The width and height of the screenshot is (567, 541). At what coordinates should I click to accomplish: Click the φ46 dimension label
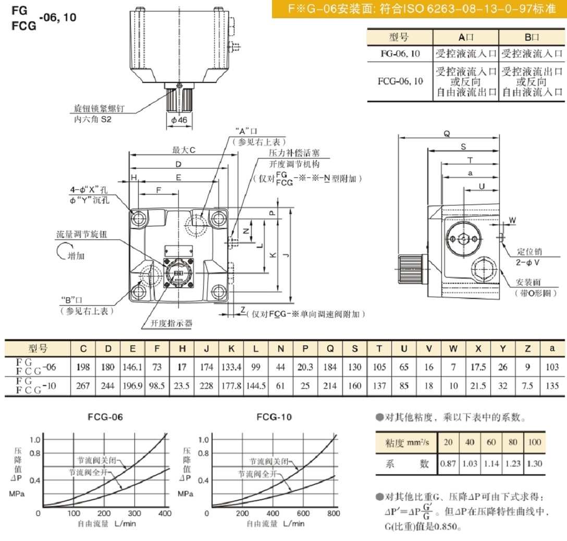point(179,120)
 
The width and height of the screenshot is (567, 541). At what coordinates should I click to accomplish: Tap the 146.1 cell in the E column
point(132,367)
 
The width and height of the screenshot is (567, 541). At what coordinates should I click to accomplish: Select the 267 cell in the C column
point(83,386)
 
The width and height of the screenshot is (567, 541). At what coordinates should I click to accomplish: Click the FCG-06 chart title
point(105,417)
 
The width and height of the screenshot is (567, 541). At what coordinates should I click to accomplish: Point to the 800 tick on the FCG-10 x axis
point(333,513)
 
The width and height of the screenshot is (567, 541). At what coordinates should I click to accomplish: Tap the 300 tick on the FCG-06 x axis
point(134,513)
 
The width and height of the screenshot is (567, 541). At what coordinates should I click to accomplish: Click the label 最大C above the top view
point(183,150)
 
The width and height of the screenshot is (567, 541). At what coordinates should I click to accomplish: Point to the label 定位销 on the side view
point(527,251)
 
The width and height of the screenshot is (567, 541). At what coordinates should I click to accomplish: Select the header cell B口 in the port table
point(532,38)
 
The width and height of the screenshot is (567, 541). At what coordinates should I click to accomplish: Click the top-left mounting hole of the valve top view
point(139,217)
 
